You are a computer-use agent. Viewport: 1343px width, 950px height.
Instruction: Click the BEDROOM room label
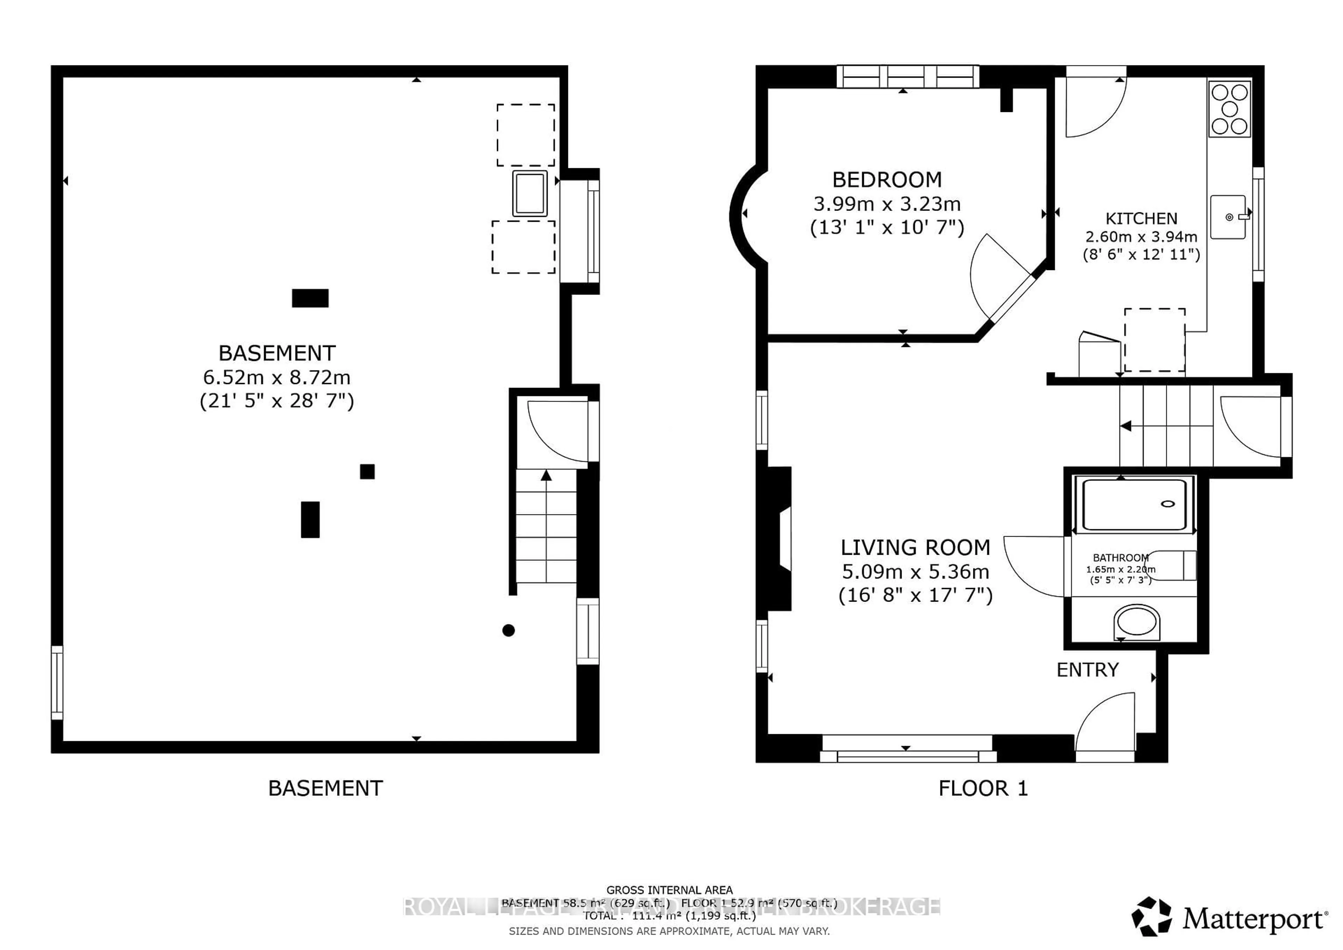[887, 179]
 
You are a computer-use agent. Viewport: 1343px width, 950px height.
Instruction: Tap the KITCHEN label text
[1141, 219]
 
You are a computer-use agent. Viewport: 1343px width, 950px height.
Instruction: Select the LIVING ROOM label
[915, 547]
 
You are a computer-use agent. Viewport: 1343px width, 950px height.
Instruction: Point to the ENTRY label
[1087, 670]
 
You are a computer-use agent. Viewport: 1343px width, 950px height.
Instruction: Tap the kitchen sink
[1228, 217]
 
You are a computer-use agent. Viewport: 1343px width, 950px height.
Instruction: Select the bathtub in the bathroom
[1133, 505]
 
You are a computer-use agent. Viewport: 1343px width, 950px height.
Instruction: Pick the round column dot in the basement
[508, 631]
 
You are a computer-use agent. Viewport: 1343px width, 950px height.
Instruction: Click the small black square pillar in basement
[367, 472]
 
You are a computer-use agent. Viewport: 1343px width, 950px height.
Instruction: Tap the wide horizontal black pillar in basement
[310, 298]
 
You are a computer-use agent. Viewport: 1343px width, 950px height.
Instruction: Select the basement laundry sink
[530, 193]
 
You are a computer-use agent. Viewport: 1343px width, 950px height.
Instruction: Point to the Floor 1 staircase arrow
[1125, 426]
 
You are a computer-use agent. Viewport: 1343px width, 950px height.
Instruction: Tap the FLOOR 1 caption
[983, 788]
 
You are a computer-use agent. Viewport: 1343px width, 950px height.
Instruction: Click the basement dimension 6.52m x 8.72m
[277, 377]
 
